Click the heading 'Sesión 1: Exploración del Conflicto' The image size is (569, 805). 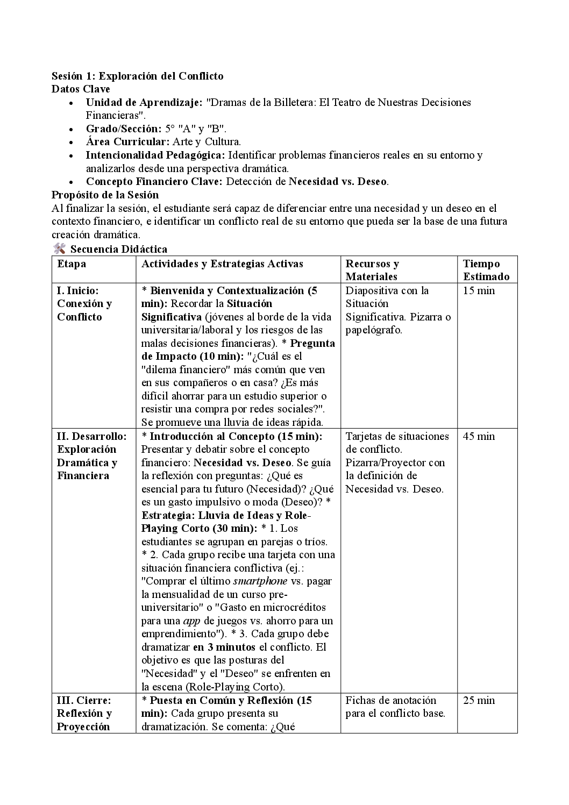click(137, 76)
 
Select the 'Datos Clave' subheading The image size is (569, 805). click(81, 89)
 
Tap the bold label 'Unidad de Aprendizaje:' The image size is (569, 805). click(144, 102)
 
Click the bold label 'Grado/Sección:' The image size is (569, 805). click(124, 129)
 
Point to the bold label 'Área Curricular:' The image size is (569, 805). click(128, 142)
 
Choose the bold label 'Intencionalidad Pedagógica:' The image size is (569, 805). click(155, 155)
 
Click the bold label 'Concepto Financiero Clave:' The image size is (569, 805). click(154, 181)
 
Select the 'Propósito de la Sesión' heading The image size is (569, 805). click(105, 195)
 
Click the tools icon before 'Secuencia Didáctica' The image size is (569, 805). click(59, 248)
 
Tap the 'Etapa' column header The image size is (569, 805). click(72, 263)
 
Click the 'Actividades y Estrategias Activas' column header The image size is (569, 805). click(222, 263)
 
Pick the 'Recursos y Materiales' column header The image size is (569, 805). click(372, 270)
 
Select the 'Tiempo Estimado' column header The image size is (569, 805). click(486, 270)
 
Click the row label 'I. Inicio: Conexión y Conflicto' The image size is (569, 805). click(84, 304)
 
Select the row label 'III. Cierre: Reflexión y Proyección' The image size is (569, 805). click(84, 714)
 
